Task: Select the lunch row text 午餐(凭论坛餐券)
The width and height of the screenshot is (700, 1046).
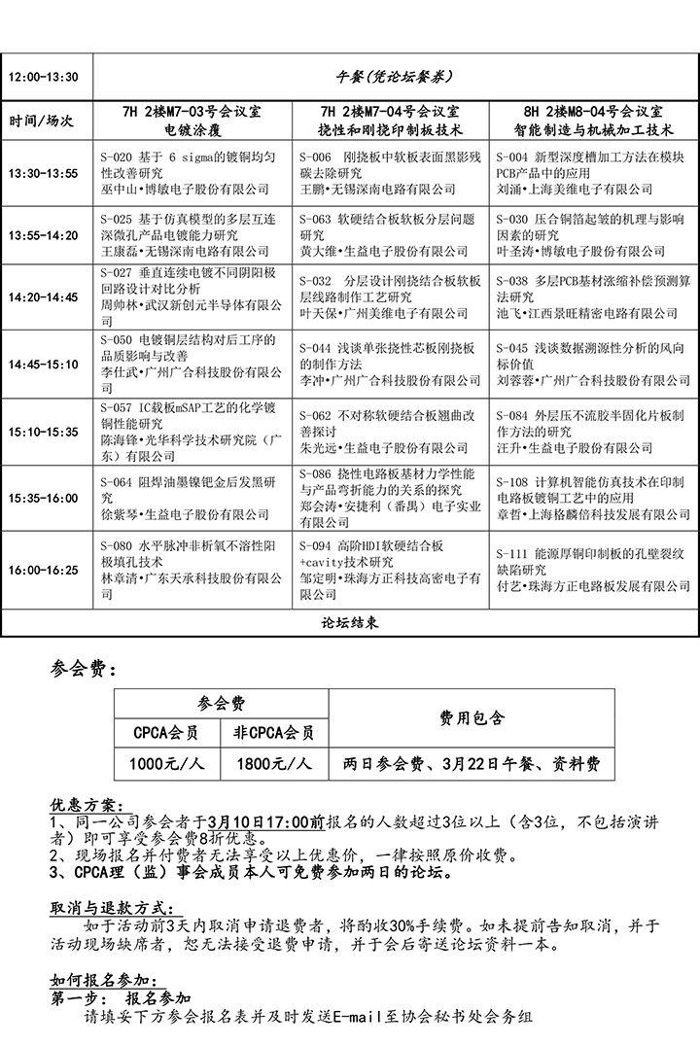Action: click(394, 76)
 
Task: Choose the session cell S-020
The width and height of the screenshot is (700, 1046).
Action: click(192, 172)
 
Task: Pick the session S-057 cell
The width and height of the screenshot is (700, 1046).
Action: click(192, 432)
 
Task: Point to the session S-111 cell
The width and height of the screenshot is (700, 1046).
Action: click(592, 570)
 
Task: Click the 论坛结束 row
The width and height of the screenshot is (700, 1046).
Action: click(349, 621)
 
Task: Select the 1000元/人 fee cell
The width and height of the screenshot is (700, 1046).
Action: click(168, 763)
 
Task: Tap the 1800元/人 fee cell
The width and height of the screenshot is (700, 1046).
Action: click(274, 763)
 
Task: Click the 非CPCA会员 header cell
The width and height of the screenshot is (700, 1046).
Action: click(274, 732)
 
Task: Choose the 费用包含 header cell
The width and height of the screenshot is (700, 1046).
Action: click(472, 717)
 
